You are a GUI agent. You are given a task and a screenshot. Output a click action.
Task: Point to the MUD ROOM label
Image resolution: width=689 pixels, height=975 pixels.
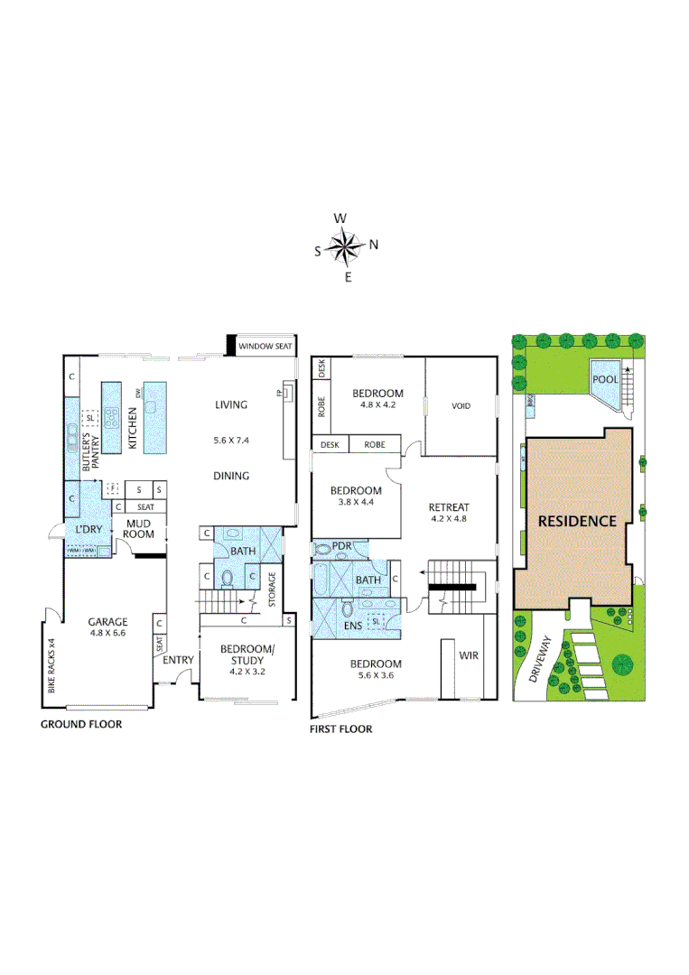pyautogui.click(x=138, y=529)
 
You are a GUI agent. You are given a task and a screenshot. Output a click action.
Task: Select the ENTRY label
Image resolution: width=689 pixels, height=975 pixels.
pyautogui.click(x=178, y=660)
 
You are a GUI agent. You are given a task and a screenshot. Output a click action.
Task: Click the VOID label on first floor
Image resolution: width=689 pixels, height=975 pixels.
pyautogui.click(x=461, y=406)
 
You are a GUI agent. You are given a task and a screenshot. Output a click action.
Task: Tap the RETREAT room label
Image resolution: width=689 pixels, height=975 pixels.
pyautogui.click(x=449, y=507)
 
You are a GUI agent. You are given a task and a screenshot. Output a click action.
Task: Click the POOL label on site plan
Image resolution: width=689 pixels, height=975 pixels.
pyautogui.click(x=605, y=379)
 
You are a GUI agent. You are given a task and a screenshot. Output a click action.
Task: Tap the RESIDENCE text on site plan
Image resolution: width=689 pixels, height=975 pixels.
pyautogui.click(x=577, y=521)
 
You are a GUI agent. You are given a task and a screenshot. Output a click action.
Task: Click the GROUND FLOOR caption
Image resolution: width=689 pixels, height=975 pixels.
pyautogui.click(x=81, y=724)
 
